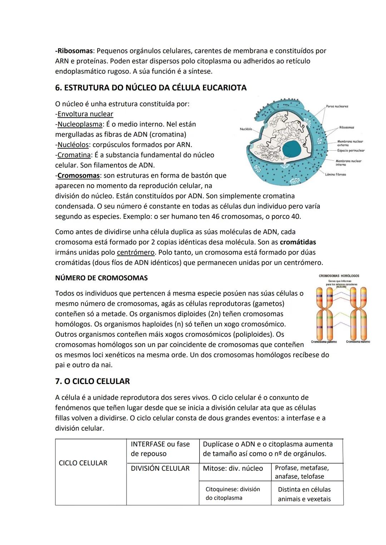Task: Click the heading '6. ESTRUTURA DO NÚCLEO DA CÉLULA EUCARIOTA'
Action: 150,88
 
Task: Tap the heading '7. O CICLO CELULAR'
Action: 92,381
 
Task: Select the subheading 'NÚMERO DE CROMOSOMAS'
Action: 101,278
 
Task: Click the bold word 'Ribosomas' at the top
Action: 74,51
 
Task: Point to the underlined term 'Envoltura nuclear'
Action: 85,114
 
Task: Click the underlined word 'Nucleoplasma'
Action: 80,125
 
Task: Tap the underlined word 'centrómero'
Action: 136,253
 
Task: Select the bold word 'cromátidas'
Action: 298,242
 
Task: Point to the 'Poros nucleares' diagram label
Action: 337,106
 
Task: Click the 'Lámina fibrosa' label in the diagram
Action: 335,175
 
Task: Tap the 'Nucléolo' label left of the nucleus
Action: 246,129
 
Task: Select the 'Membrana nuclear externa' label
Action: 350,143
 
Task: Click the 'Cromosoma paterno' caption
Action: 324,342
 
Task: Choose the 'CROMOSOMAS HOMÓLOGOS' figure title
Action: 339,276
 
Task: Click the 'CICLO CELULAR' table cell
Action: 83,463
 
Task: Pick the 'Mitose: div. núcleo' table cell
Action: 233,468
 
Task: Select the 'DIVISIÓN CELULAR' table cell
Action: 160,468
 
